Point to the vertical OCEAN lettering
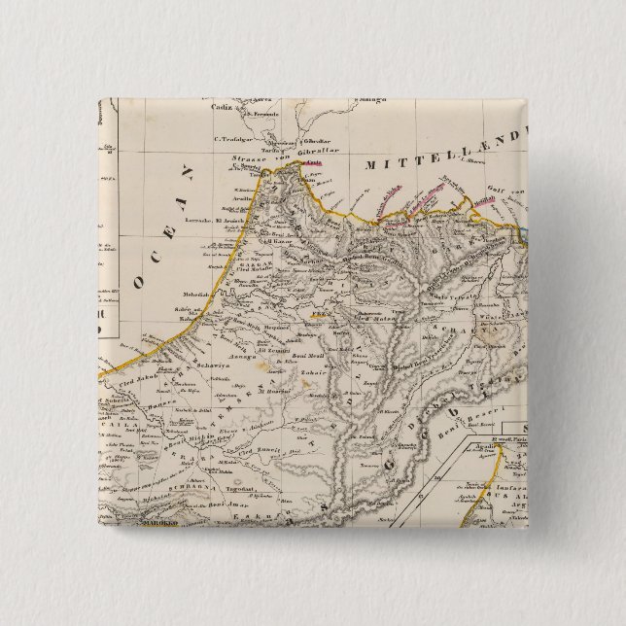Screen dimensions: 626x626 point(163,233)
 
